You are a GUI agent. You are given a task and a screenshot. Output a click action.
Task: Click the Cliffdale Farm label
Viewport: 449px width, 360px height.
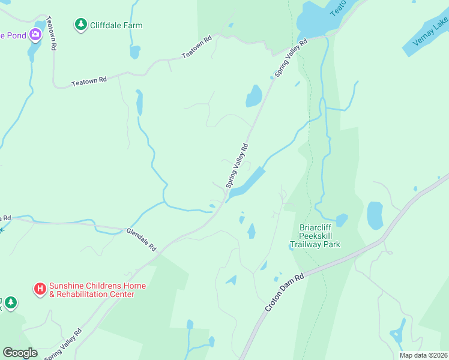pyautogui.click(x=116, y=25)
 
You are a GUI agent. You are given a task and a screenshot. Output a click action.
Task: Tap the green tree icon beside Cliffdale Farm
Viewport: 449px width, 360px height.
pyautogui.click(x=80, y=25)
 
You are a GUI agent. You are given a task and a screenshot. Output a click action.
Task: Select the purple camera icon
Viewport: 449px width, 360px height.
pyautogui.click(x=35, y=35)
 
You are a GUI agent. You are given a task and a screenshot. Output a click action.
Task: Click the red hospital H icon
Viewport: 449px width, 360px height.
pyautogui.click(x=40, y=289)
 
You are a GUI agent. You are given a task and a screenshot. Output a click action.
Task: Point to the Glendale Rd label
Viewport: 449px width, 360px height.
pyautogui.click(x=141, y=239)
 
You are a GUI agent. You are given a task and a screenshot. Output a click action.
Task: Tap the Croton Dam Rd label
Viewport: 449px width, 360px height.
pyautogui.click(x=285, y=292)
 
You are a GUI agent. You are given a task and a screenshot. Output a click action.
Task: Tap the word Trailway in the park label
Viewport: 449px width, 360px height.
pyautogui.click(x=306, y=244)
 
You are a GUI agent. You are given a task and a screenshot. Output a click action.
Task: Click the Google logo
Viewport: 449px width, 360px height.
pyautogui.click(x=20, y=352)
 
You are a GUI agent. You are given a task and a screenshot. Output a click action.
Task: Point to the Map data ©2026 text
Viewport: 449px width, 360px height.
pyautogui.click(x=424, y=355)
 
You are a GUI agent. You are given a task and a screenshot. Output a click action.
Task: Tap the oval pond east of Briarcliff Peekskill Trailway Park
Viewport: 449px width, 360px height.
pyautogui.click(x=375, y=215)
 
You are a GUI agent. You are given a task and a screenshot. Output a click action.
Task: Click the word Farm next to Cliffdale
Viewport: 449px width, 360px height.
pyautogui.click(x=134, y=25)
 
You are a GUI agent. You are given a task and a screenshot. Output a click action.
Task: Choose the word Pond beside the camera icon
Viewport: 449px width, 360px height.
pyautogui.click(x=17, y=35)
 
